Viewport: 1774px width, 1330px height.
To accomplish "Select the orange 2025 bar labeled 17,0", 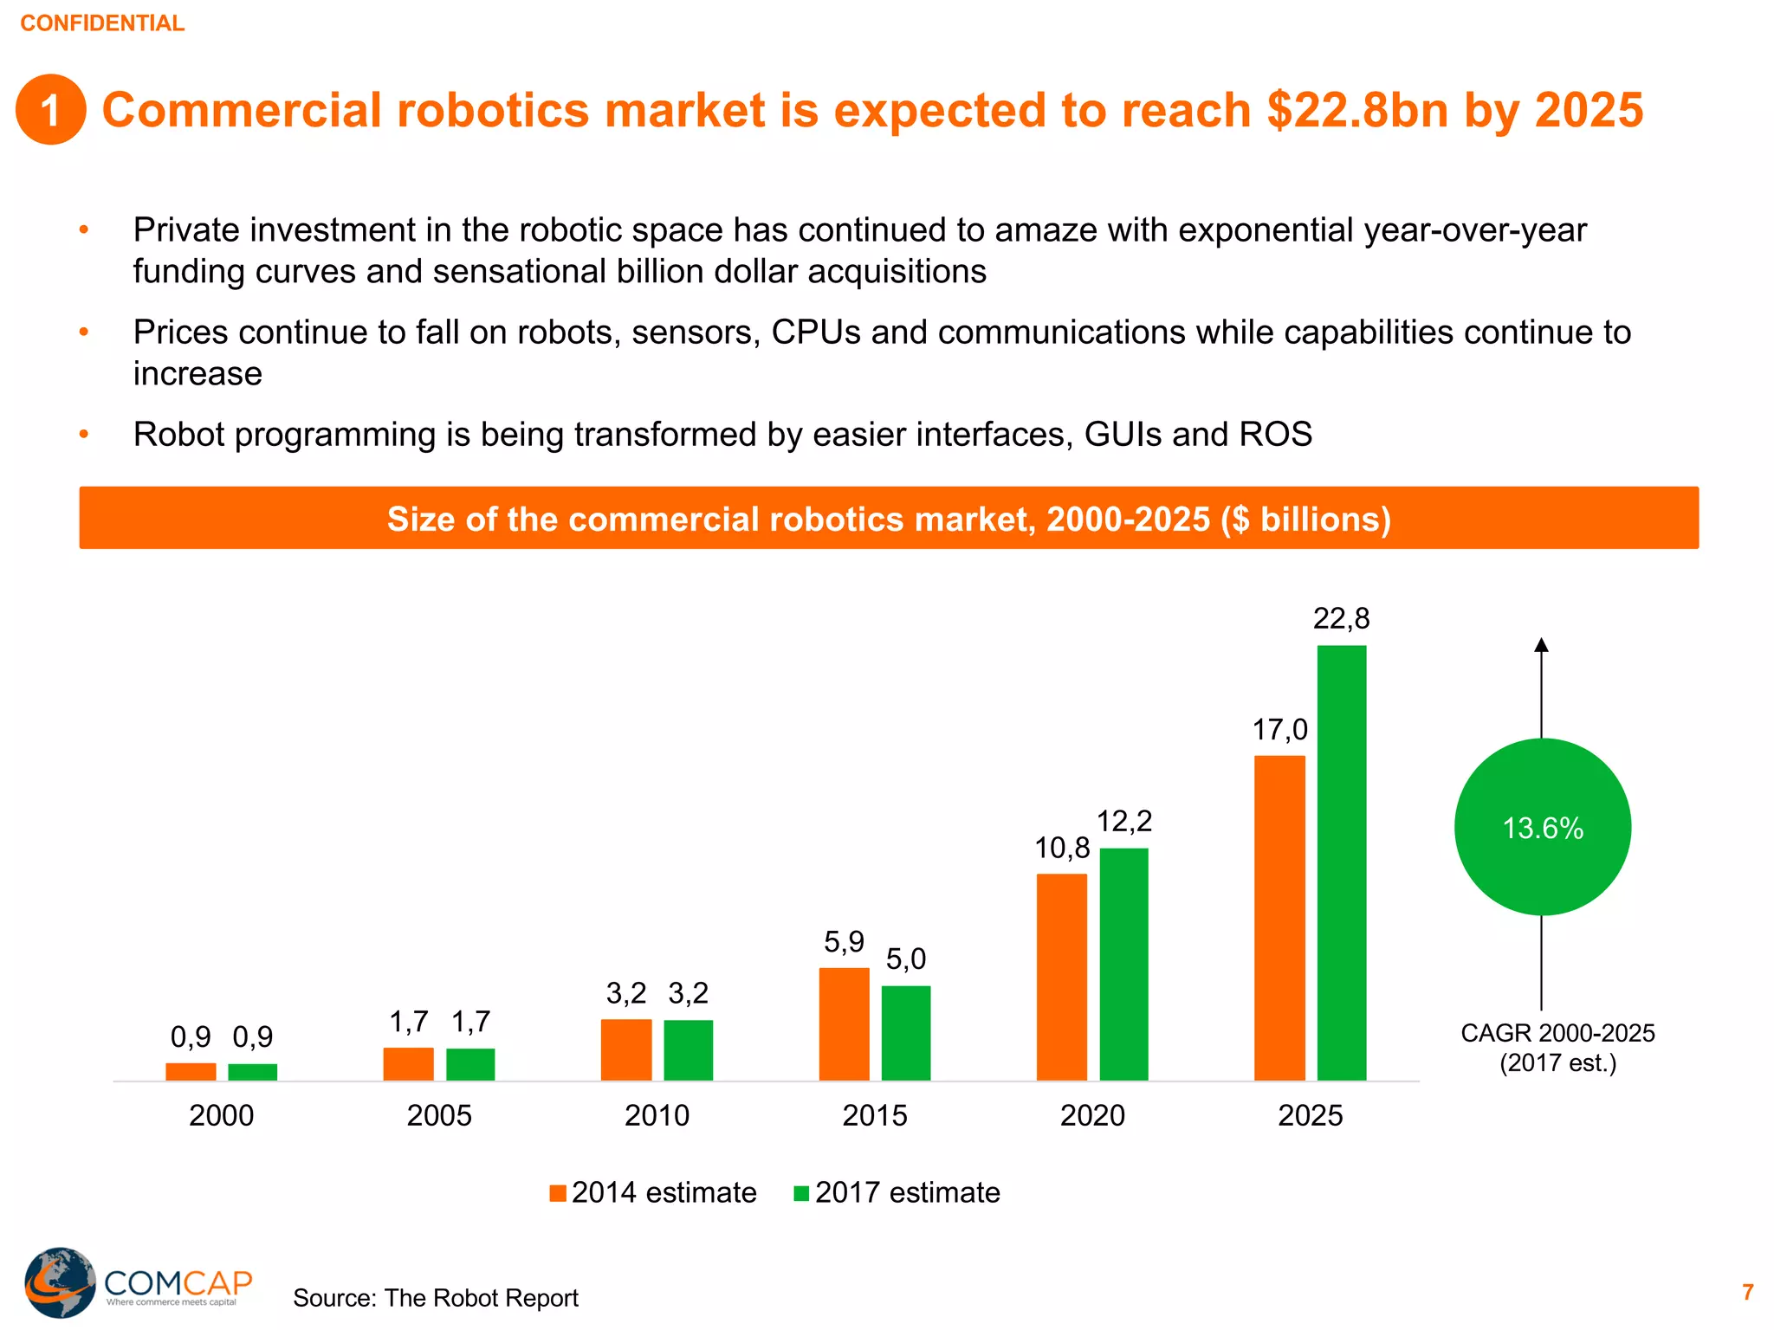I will click(x=1279, y=918).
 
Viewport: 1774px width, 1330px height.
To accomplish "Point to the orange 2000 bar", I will click(x=191, y=1071).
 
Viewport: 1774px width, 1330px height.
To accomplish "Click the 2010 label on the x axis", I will click(x=657, y=1115).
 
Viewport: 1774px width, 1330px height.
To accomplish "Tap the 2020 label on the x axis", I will click(x=1092, y=1115).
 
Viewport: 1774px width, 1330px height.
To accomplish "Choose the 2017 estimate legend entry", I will click(x=897, y=1193).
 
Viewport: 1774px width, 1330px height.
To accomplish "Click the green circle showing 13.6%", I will click(x=1542, y=827).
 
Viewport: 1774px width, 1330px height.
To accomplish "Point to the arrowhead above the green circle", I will click(x=1541, y=645).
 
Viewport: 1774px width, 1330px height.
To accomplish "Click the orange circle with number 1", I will click(x=50, y=110).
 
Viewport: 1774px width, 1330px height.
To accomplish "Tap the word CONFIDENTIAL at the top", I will click(x=102, y=23).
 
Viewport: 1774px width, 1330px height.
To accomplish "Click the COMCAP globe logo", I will click(x=59, y=1282).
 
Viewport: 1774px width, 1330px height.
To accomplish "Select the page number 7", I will click(x=1747, y=1292).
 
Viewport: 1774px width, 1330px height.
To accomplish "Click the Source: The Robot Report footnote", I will click(x=435, y=1298).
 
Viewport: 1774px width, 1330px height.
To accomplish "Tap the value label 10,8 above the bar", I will click(x=1062, y=848).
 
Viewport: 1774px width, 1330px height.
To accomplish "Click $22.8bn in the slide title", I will click(x=1356, y=110).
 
